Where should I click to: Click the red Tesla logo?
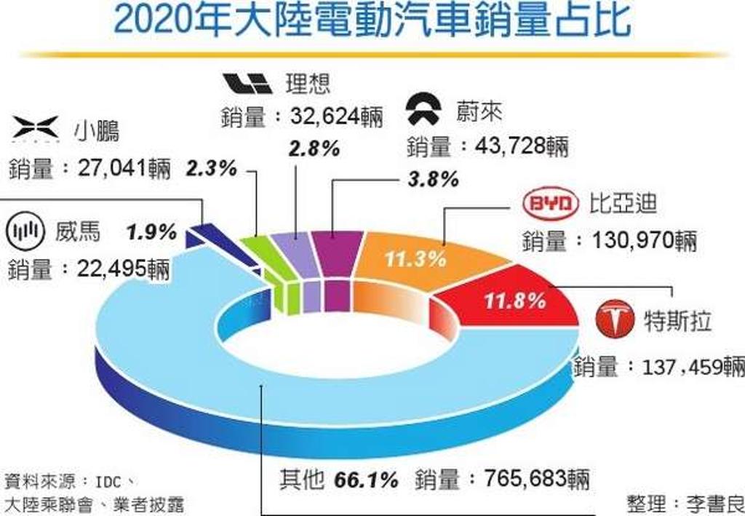click(x=615, y=318)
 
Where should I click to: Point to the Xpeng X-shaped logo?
click(x=36, y=129)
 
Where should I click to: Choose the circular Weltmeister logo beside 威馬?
click(x=25, y=231)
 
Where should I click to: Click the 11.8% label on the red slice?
click(x=514, y=301)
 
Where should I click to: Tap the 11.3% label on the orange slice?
click(x=415, y=259)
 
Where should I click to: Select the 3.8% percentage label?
click(x=433, y=180)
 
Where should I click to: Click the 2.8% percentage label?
click(x=314, y=148)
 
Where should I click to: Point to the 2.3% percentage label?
click(x=211, y=168)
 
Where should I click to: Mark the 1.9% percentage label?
click(x=151, y=232)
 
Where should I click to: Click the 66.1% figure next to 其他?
click(x=366, y=480)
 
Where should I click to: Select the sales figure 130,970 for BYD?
click(x=632, y=240)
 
